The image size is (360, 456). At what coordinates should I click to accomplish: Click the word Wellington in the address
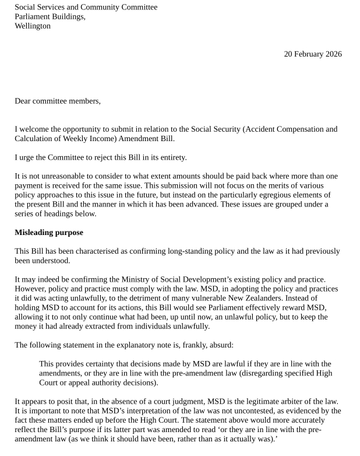tap(33, 26)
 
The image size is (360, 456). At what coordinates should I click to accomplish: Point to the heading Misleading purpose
tap(49, 233)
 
